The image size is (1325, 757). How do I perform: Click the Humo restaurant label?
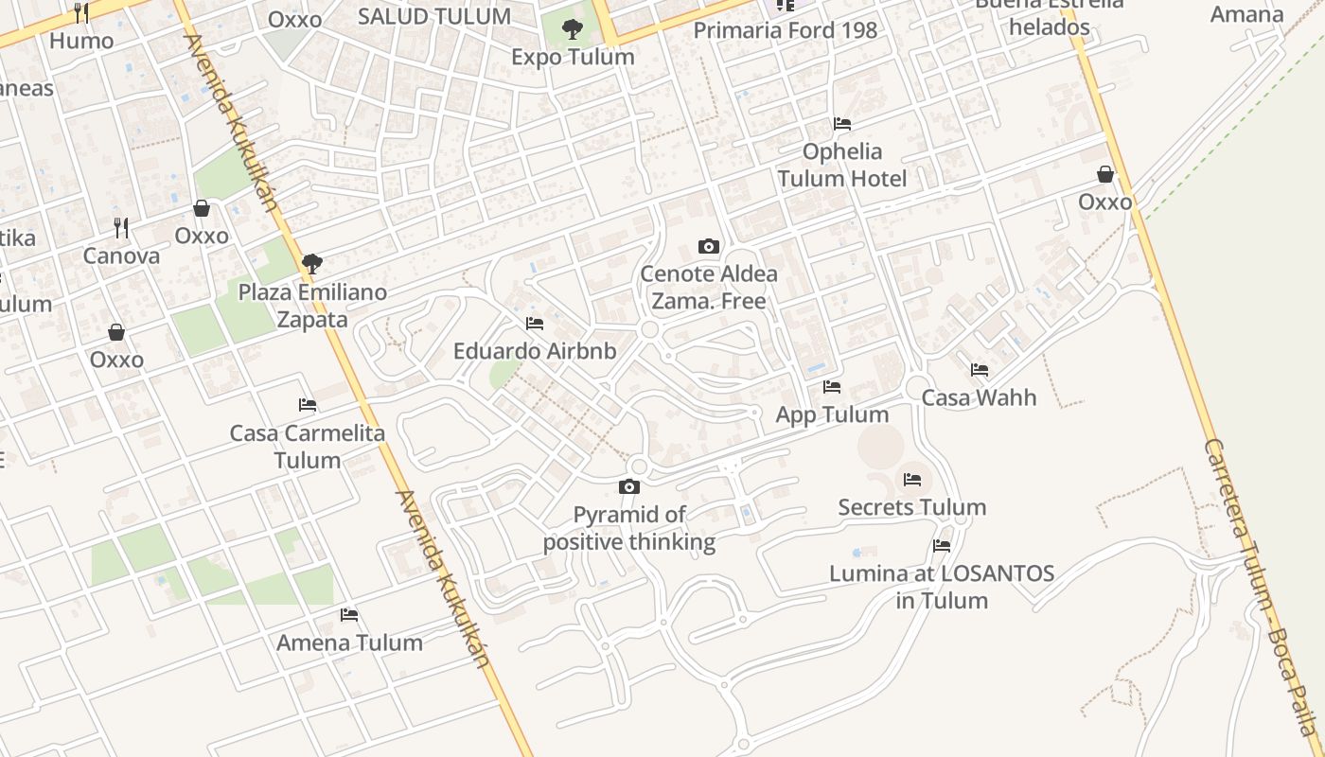tap(81, 41)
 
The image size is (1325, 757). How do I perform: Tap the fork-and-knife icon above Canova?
tap(121, 228)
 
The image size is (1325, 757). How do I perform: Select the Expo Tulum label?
tap(573, 57)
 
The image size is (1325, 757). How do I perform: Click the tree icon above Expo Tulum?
tap(572, 29)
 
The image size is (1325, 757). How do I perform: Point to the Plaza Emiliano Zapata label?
tap(312, 306)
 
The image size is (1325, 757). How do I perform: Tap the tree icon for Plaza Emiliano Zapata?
tap(311, 264)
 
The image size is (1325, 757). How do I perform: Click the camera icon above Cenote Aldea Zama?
tap(708, 247)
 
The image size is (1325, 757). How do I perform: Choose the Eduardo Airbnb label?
tap(535, 351)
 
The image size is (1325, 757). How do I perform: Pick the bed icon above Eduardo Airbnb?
tap(535, 324)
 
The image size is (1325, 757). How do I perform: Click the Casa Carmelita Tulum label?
tap(308, 447)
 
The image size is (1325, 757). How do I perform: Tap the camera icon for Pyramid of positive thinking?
tap(628, 487)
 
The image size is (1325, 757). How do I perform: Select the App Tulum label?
tap(832, 414)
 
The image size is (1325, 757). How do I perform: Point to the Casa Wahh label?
tap(979, 397)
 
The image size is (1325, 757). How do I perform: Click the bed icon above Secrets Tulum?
tap(912, 480)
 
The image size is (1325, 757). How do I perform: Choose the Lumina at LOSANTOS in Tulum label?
tap(942, 587)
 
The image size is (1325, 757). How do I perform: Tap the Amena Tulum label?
tap(349, 643)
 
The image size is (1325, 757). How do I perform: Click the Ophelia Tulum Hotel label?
tap(842, 165)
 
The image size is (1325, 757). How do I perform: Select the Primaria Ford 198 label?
tap(786, 30)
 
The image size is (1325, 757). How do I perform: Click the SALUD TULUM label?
tap(434, 16)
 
